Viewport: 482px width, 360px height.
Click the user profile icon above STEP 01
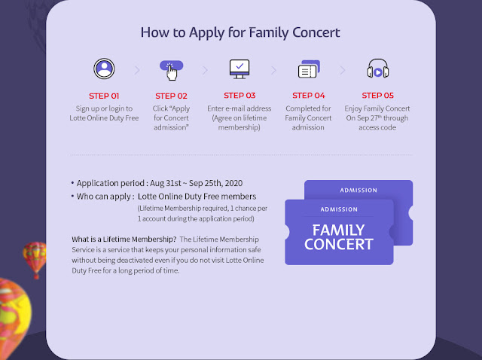pyautogui.click(x=104, y=69)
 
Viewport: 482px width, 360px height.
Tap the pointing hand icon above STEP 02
pyautogui.click(x=171, y=70)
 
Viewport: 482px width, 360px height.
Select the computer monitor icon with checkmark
pyautogui.click(x=239, y=69)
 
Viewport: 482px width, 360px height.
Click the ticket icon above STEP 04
pyautogui.click(x=309, y=69)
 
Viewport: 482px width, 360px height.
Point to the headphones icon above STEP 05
pyautogui.click(x=378, y=69)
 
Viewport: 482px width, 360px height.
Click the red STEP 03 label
pyautogui.click(x=239, y=96)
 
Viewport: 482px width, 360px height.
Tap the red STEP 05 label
pyautogui.click(x=378, y=96)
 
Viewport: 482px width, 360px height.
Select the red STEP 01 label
pyautogui.click(x=104, y=96)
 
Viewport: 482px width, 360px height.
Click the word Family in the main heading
pyautogui.click(x=268, y=33)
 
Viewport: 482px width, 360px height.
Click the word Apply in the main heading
pyautogui.click(x=207, y=33)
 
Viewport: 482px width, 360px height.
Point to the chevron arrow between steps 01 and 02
pyautogui.click(x=137, y=70)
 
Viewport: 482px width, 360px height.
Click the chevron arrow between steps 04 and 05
pyautogui.click(x=342, y=70)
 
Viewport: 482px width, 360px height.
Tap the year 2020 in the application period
pyautogui.click(x=233, y=183)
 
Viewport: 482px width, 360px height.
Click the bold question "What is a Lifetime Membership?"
pyautogui.click(x=124, y=239)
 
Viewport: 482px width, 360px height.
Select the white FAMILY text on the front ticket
pyautogui.click(x=338, y=230)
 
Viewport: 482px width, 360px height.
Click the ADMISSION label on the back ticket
pyautogui.click(x=358, y=191)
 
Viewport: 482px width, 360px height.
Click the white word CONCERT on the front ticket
pyautogui.click(x=339, y=244)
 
